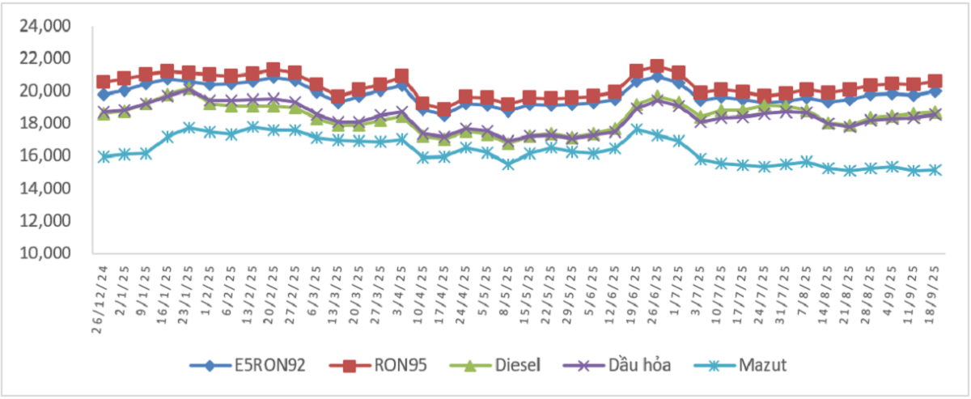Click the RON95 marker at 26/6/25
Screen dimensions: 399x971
(x=657, y=66)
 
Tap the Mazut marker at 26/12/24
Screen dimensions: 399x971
(x=104, y=157)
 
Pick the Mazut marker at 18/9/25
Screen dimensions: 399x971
(x=935, y=170)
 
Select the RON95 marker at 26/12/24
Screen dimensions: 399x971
(x=104, y=82)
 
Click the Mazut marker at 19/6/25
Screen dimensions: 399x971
(x=636, y=129)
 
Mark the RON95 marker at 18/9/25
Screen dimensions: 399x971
(x=935, y=81)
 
